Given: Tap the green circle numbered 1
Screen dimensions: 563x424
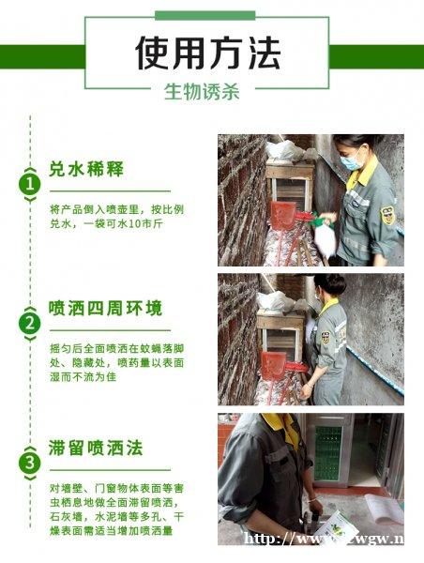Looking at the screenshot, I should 31,184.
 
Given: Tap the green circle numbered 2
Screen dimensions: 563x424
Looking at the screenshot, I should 31,324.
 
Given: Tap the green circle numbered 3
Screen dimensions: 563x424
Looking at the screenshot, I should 31,462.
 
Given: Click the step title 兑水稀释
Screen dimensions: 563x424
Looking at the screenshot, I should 86,170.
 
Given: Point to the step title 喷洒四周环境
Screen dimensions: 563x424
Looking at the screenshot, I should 105,309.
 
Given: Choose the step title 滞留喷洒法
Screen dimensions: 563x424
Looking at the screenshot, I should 96,448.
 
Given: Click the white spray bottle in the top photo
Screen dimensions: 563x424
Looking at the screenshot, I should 326,236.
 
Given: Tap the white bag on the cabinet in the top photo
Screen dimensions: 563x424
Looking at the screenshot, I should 283,150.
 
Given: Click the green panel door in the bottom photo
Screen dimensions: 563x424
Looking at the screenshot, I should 327,450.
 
